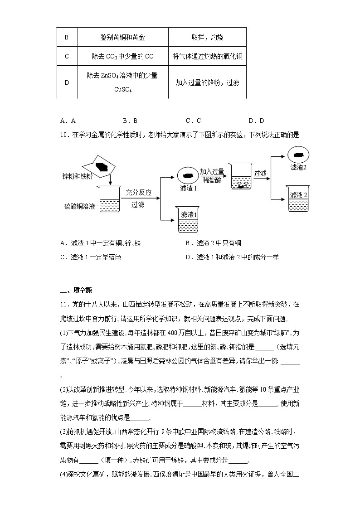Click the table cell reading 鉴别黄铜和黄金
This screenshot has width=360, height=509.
tap(123, 37)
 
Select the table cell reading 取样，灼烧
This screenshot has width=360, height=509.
tap(207, 37)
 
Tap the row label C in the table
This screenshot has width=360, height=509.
tap(67, 56)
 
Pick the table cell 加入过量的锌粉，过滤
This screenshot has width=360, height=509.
tap(207, 82)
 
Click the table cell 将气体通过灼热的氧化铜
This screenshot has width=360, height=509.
tap(207, 56)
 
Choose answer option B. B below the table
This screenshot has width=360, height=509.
tap(130, 121)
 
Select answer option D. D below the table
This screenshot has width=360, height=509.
tap(256, 121)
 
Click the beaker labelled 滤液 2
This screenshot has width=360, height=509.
tap(299, 199)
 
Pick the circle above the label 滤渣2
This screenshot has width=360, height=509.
tap(298, 155)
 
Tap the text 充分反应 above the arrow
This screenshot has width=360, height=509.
tap(138, 192)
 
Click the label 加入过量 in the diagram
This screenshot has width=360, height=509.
tap(212, 171)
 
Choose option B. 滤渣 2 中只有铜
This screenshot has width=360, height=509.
tap(213, 243)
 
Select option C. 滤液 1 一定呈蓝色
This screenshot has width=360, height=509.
tap(91, 257)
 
